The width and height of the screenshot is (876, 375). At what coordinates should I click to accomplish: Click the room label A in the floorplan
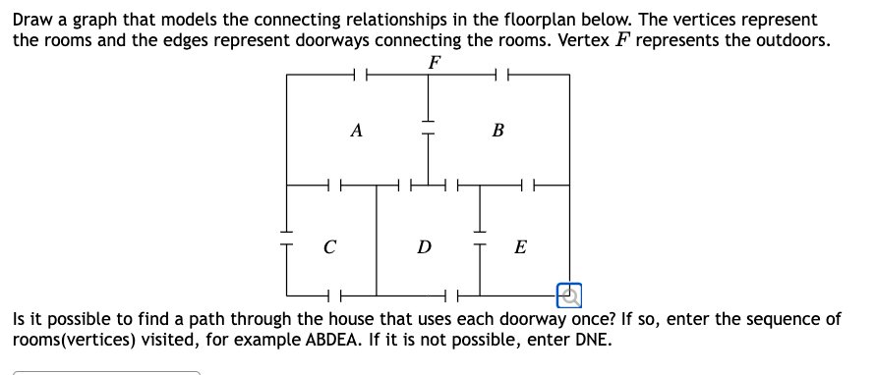point(356,130)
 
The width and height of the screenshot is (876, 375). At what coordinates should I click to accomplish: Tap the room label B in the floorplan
point(497,130)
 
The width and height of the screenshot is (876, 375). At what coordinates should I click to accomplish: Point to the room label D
point(424,246)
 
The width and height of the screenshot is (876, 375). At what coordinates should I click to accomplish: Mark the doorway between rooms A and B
point(428,129)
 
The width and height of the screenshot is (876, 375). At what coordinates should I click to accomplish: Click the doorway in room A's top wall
point(360,75)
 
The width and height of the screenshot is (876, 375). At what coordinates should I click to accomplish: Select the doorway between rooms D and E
point(480,245)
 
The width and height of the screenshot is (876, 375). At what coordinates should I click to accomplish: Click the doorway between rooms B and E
point(527,184)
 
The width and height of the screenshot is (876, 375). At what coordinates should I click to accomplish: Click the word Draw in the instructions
point(31,20)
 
